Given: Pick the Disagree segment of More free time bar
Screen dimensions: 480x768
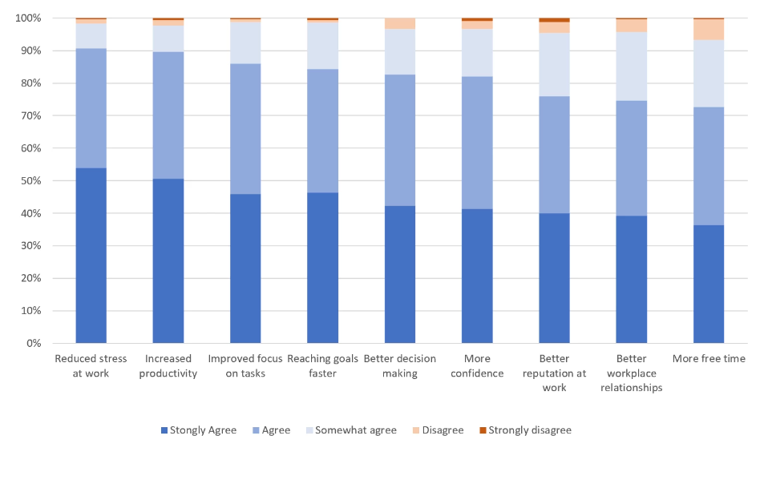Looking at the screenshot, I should [x=709, y=29].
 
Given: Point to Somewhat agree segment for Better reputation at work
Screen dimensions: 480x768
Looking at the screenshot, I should [x=554, y=64].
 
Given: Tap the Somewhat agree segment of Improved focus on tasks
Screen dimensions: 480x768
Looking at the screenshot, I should [x=245, y=42].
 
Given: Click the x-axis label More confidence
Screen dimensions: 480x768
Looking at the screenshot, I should [x=477, y=366].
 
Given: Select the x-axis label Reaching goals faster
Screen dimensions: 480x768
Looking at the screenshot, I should [x=322, y=366].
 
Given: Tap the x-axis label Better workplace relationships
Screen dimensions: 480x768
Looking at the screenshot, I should [x=631, y=373].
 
